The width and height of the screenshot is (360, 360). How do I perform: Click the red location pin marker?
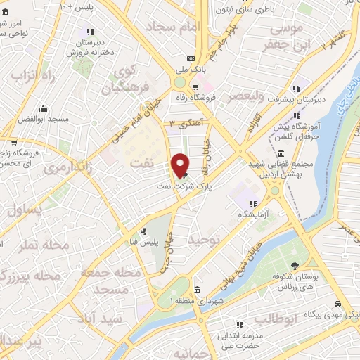pos(181,165)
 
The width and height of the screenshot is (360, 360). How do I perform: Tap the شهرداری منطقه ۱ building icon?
pos(198,290)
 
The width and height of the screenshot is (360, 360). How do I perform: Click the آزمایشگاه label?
pos(253,214)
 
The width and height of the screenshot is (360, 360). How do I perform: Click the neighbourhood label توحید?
pos(205,240)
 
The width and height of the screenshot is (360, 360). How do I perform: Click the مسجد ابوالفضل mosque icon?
pos(44,108)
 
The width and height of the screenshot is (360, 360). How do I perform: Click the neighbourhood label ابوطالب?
pos(276,319)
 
